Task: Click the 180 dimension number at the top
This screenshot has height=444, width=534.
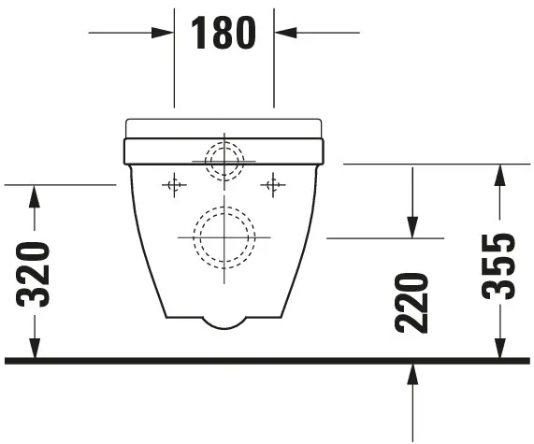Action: tap(224, 33)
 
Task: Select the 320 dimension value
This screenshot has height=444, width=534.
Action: tap(35, 273)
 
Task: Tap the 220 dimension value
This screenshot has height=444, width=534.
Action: tap(411, 302)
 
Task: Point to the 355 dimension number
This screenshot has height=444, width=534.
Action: tap(499, 265)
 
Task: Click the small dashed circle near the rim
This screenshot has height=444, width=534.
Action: tap(224, 160)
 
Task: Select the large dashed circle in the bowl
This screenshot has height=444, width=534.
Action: tap(224, 236)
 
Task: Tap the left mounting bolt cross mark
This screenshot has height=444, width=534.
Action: tap(174, 185)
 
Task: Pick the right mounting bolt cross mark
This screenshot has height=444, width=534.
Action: tap(273, 185)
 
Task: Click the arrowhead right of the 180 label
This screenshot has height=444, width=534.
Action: tap(283, 33)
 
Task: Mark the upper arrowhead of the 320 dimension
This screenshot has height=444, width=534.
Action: tap(35, 193)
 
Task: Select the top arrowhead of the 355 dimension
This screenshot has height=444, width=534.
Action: tap(499, 173)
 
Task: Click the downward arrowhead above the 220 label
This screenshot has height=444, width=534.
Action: tap(411, 229)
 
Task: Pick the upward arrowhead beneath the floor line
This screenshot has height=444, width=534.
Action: tap(411, 373)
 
